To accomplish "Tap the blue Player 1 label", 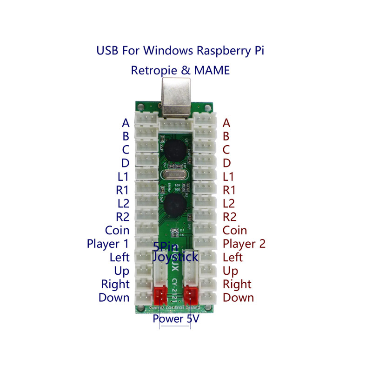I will pyautogui.click(x=108, y=244).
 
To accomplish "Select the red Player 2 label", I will pyautogui.click(x=244, y=244).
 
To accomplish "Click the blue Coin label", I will pyautogui.click(x=117, y=230).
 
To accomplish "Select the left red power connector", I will pyautogui.click(x=160, y=295).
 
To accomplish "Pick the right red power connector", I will pyautogui.click(x=191, y=295).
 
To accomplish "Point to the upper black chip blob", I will pyautogui.click(x=173, y=150).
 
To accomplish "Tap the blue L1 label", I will pyautogui.click(x=123, y=177).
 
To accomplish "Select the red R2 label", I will pyautogui.click(x=230, y=217).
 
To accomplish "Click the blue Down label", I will pyautogui.click(x=114, y=298).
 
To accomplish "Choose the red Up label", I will pyautogui.click(x=231, y=271).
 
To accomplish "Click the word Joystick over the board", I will pyautogui.click(x=176, y=257).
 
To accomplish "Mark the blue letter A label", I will pyautogui.click(x=126, y=123).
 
